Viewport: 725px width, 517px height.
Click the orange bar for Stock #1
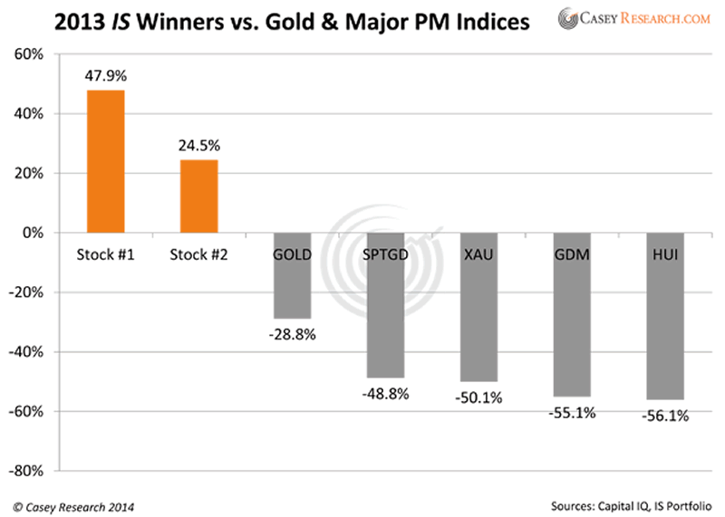click(x=105, y=161)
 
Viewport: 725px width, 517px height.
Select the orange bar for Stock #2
click(x=198, y=196)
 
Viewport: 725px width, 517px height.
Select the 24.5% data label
click(x=198, y=146)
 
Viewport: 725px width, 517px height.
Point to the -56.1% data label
click(x=664, y=416)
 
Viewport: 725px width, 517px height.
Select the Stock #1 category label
click(x=105, y=254)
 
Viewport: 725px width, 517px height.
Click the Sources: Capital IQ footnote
click(x=633, y=505)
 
